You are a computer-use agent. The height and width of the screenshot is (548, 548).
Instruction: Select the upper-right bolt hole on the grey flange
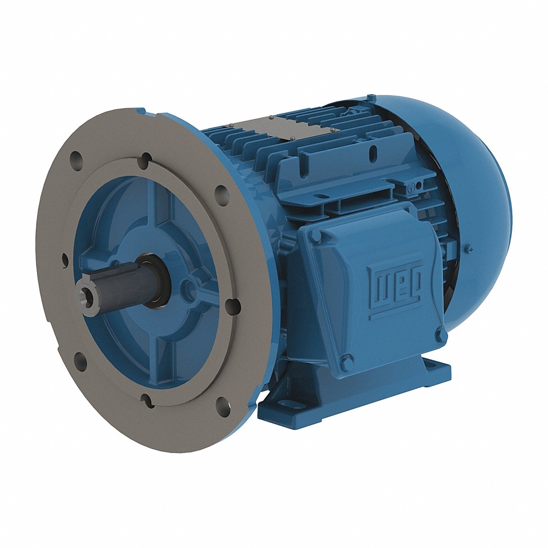pos(220,192)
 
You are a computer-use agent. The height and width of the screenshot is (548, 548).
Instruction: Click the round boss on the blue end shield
pos(187,286)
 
